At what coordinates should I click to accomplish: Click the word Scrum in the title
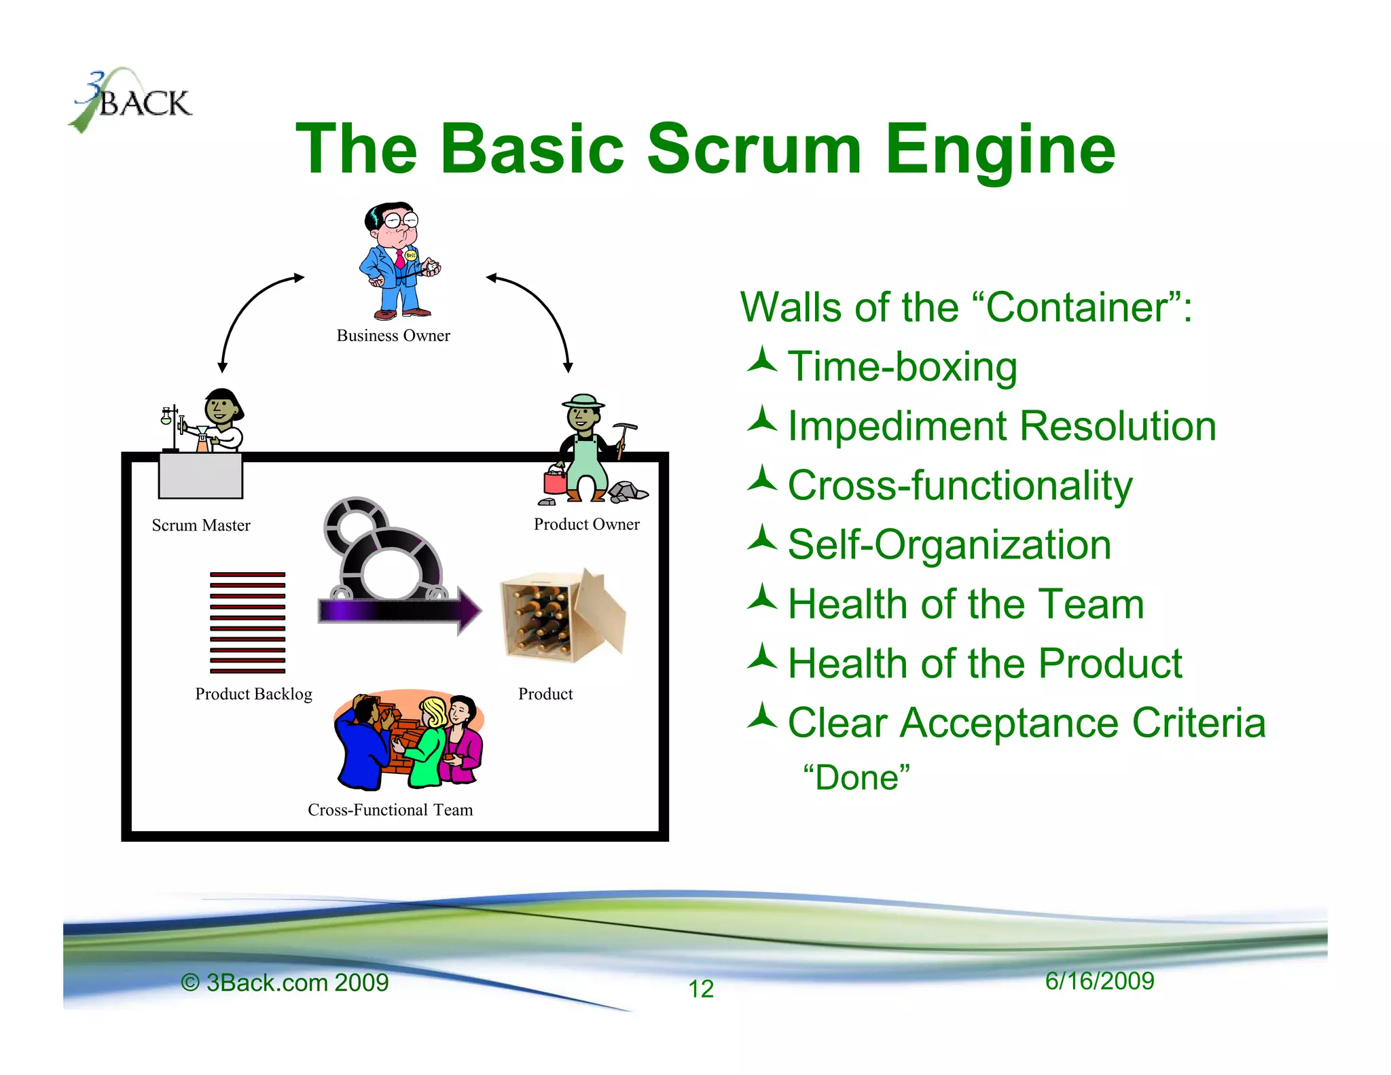[754, 149]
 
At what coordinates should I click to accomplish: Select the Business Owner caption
[393, 336]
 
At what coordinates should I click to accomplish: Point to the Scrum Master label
[201, 525]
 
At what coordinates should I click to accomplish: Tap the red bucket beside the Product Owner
[554, 481]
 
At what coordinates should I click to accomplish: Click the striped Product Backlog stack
[247, 622]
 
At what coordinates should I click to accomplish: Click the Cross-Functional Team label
[390, 810]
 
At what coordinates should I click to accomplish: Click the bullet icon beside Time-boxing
[761, 361]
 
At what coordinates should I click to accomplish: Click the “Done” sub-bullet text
[856, 777]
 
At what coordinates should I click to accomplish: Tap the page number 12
[701, 989]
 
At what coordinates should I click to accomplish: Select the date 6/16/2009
[1099, 981]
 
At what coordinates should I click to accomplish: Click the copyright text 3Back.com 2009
[285, 983]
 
